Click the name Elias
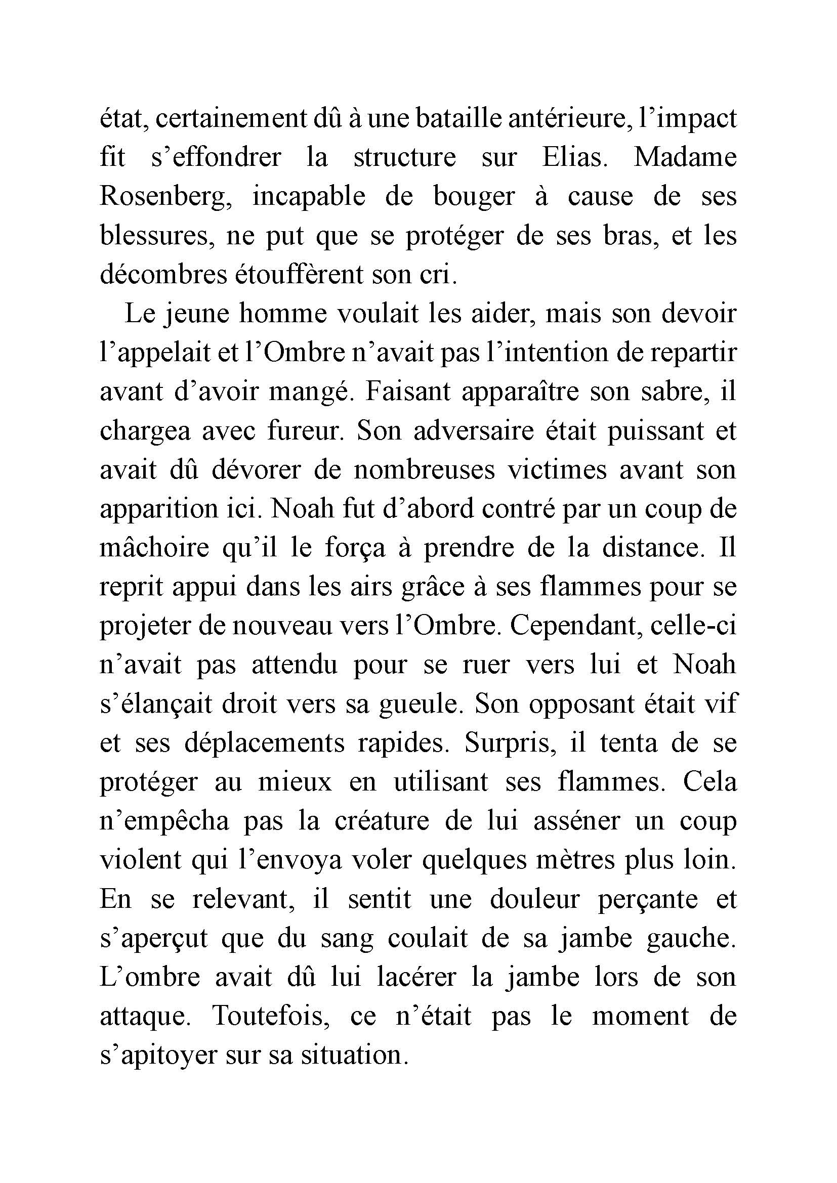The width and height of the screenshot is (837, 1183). point(572,157)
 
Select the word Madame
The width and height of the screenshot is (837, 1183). point(685,157)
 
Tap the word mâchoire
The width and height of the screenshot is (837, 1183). point(154,548)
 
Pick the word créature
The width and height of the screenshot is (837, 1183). point(382,821)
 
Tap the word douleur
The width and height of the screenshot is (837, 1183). point(534,899)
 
